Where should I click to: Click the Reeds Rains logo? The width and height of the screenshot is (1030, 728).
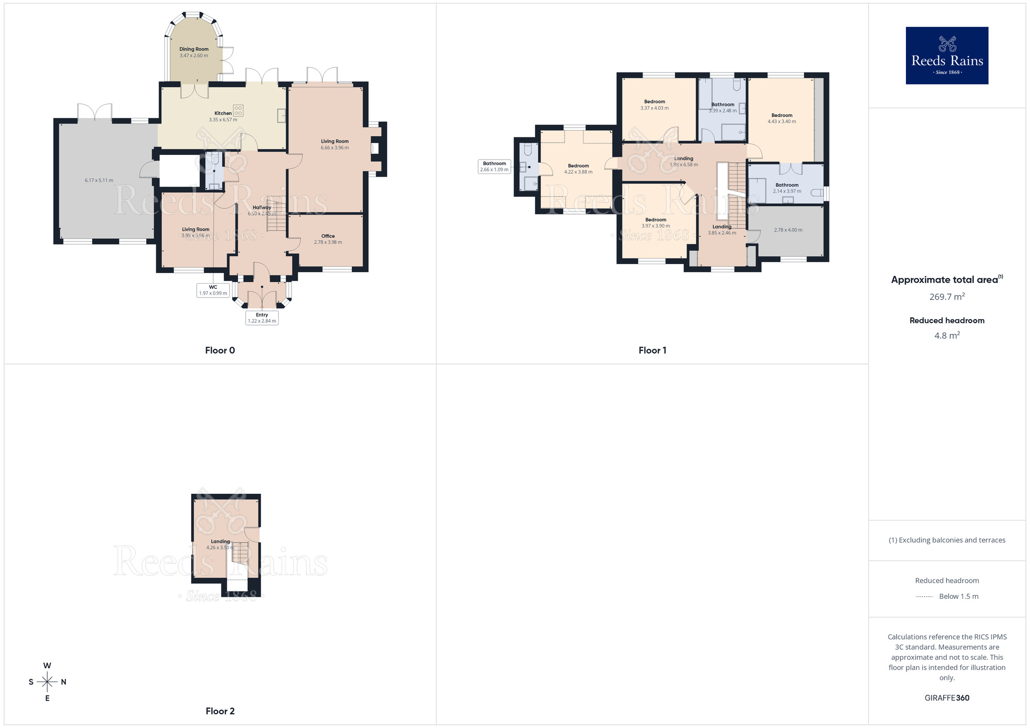[947, 56]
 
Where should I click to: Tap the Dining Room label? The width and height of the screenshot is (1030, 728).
[194, 49]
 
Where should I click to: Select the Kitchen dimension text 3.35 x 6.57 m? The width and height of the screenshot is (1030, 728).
[223, 120]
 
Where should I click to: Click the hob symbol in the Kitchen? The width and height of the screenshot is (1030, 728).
[238, 111]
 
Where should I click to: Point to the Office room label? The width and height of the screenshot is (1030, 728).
[328, 236]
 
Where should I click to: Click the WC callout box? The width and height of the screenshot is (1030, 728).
[213, 290]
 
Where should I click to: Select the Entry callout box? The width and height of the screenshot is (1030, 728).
[262, 318]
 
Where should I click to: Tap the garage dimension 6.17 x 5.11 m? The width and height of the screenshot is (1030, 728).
[99, 181]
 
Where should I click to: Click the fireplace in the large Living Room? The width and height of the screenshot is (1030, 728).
[374, 149]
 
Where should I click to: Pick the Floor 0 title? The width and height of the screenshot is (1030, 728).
[220, 351]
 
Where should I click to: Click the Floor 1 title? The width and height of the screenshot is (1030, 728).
[652, 351]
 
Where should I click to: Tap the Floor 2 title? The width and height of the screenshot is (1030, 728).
[220, 712]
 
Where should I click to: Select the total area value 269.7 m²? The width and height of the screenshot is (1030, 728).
[947, 297]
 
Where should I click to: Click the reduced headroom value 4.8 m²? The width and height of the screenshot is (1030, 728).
[947, 336]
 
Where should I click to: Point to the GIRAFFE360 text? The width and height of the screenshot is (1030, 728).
[947, 698]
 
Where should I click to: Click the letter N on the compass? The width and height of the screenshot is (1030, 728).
[64, 682]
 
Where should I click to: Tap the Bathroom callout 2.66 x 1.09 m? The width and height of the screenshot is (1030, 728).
[494, 166]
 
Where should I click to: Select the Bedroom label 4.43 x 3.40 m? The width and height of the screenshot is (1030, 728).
[781, 118]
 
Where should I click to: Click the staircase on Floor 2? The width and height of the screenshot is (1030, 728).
[240, 553]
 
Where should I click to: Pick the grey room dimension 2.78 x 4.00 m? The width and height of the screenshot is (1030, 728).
[788, 230]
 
